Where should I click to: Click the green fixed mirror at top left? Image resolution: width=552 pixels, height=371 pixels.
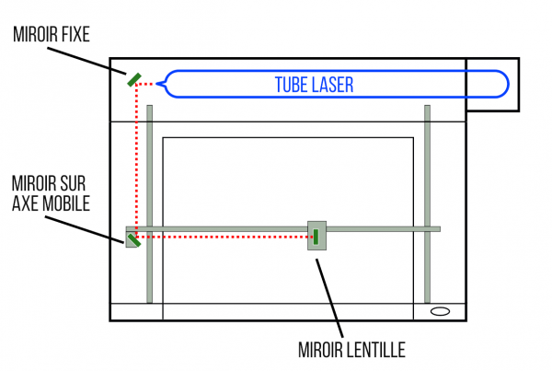point(134,79)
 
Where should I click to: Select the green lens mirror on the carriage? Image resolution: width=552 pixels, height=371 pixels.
point(316,236)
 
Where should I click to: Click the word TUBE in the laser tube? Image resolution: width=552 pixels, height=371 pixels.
point(295,85)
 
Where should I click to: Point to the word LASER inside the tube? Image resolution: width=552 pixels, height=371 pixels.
point(336,85)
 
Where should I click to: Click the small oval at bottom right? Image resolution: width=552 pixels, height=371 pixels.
point(440,311)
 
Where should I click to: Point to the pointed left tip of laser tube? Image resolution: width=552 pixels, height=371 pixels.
point(160,85)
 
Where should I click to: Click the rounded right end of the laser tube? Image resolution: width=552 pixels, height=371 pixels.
point(502,85)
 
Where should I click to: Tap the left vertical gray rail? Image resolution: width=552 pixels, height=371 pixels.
point(149,166)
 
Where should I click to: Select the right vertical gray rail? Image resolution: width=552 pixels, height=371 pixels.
point(427,166)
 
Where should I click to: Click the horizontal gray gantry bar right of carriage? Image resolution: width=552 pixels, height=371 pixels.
point(386,228)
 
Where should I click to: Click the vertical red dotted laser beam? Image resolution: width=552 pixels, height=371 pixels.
point(136,157)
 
